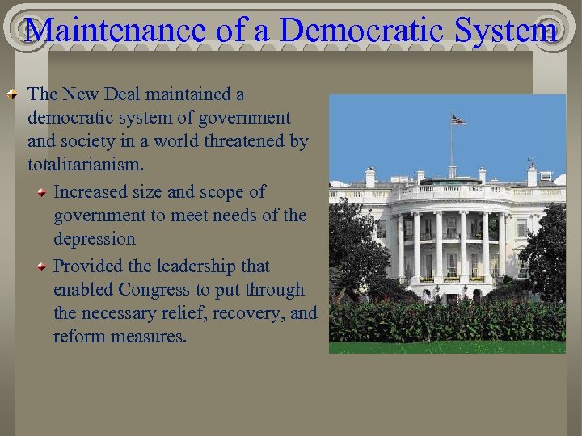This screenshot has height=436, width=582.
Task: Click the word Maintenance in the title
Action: click(x=113, y=30)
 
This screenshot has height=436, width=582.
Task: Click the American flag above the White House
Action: click(x=458, y=119)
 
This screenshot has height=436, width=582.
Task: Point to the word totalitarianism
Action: click(x=86, y=165)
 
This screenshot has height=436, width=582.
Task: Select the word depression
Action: click(x=95, y=239)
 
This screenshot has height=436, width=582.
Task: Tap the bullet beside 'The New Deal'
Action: click(x=13, y=95)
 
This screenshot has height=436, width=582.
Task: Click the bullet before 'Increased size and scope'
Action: click(x=41, y=192)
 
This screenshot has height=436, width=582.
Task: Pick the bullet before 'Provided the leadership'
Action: click(x=41, y=266)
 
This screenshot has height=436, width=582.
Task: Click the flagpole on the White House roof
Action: click(x=451, y=145)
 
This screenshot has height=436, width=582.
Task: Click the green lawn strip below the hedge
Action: click(x=447, y=346)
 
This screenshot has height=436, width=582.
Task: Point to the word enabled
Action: click(x=83, y=289)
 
